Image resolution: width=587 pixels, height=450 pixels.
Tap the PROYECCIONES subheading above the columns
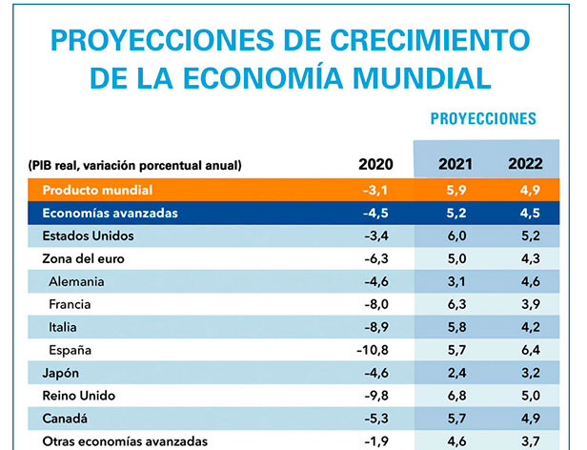click(483, 119)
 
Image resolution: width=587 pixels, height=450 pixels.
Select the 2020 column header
click(374, 165)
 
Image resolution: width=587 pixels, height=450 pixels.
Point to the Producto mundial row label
click(97, 190)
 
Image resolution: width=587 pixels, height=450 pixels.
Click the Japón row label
click(62, 373)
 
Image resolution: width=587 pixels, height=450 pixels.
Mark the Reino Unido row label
click(80, 396)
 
